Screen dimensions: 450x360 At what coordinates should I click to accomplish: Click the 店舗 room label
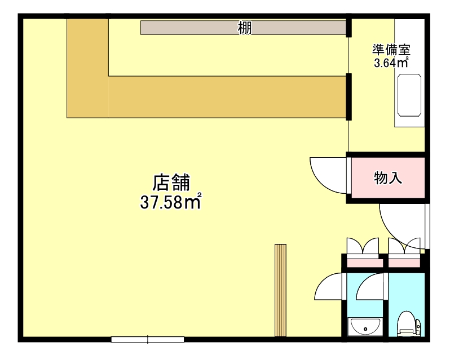coord(171,183)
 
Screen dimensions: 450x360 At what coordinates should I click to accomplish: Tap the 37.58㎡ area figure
coord(170,202)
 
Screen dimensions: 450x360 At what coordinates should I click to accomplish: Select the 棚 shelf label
coord(245,28)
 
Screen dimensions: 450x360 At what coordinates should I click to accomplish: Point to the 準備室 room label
coord(391,50)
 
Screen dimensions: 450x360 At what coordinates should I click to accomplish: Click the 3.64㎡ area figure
coord(391,62)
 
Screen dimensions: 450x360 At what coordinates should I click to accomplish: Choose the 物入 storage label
coord(388,178)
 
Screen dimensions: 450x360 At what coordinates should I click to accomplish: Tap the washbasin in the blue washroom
coord(365,326)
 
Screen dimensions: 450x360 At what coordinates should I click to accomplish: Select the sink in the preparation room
coord(409,95)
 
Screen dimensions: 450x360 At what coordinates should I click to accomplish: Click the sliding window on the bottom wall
coord(148,339)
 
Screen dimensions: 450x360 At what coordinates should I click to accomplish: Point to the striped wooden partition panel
coord(280,290)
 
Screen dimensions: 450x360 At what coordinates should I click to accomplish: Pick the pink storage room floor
coord(388,177)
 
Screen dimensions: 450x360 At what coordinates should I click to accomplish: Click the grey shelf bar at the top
coord(243,28)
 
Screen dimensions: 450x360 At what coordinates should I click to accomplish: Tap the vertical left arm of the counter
coord(88,68)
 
